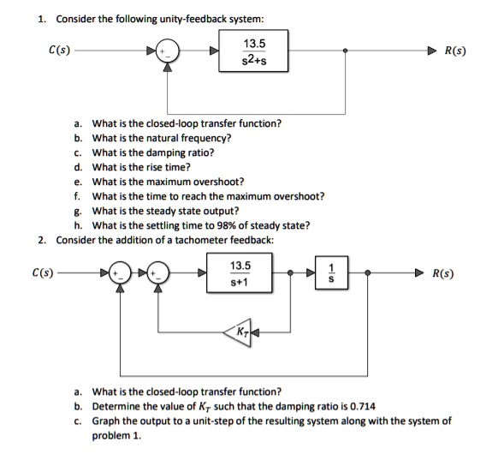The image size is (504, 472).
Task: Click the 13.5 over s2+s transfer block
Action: coord(252,51)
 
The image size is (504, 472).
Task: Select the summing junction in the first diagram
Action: coord(168,51)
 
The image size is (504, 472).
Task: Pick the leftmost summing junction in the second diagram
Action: coord(122,274)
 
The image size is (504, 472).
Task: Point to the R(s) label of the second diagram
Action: coord(443,274)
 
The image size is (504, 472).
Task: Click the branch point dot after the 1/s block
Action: coord(368,274)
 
